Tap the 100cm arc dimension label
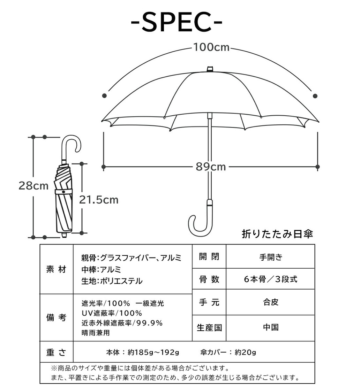[211, 47]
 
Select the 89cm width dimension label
[211, 167]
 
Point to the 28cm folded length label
[33, 186]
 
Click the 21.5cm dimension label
[99, 200]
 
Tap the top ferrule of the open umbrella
[210, 69]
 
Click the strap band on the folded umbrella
[64, 192]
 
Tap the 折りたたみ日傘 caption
[277, 234]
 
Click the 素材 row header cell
[56, 269]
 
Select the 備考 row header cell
[56, 317]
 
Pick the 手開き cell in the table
[271, 257]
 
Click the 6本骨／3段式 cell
[271, 279]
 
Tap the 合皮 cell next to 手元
[271, 302]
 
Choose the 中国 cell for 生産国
[271, 327]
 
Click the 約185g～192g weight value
[153, 352]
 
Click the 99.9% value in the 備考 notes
[149, 323]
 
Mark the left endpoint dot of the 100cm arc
[105, 95]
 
